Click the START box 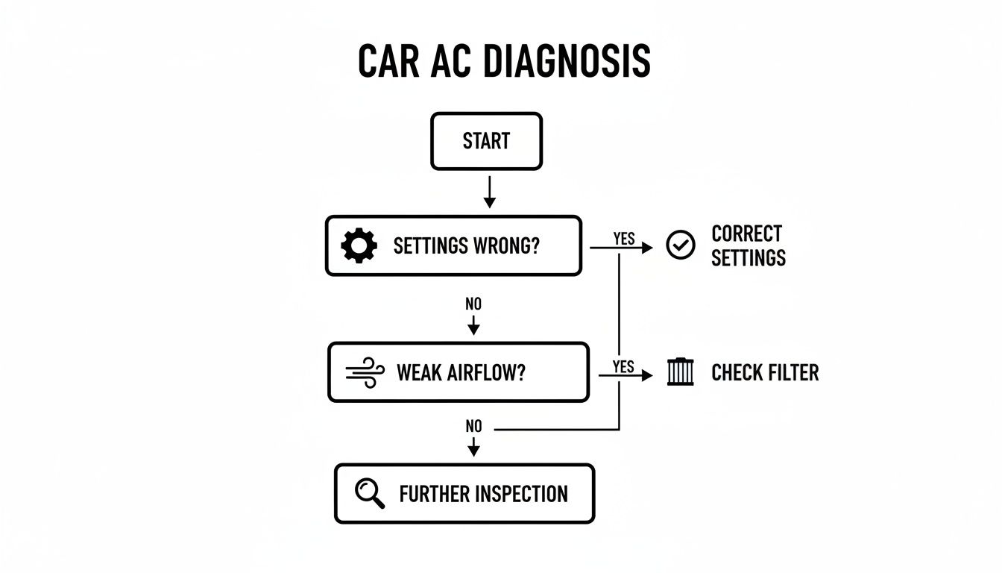(x=486, y=141)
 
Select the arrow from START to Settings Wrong (x=489, y=192)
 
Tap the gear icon (x=359, y=245)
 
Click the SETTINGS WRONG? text (x=465, y=245)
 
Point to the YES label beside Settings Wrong (x=623, y=238)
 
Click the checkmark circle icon (x=680, y=245)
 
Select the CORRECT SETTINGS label (x=748, y=245)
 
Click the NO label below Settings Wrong (x=473, y=304)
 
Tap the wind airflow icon (x=365, y=372)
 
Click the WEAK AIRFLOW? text (x=461, y=372)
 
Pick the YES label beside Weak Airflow (x=623, y=366)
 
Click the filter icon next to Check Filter (x=680, y=372)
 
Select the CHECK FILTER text (x=765, y=372)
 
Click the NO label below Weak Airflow (x=473, y=426)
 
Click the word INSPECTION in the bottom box (x=521, y=494)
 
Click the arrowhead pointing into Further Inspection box (x=473, y=451)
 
